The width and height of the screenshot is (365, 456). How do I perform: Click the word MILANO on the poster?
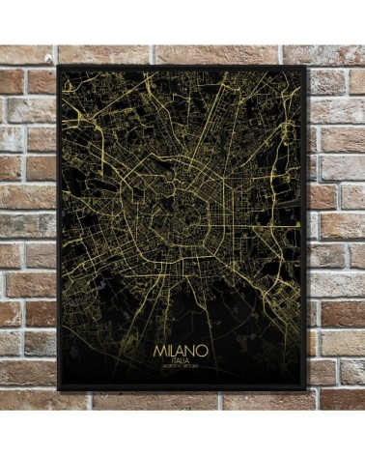[183, 343]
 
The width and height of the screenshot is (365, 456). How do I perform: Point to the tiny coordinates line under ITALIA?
[183, 364]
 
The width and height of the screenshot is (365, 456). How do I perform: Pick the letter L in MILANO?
[174, 343]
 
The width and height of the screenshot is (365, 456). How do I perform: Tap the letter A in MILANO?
[184, 343]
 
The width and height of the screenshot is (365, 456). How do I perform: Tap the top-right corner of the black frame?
[308, 67]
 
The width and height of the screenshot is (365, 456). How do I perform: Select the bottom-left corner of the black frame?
[58, 389]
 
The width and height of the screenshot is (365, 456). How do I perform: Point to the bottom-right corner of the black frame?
[308, 389]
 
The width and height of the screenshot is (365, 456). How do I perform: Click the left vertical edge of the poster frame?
[59, 228]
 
